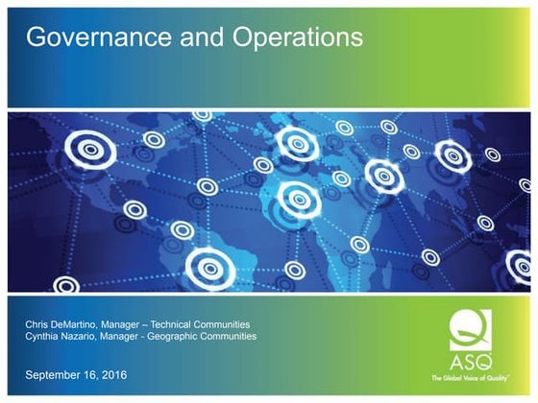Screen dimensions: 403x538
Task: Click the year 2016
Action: point(111,373)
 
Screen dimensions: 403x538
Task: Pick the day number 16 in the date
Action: point(88,373)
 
